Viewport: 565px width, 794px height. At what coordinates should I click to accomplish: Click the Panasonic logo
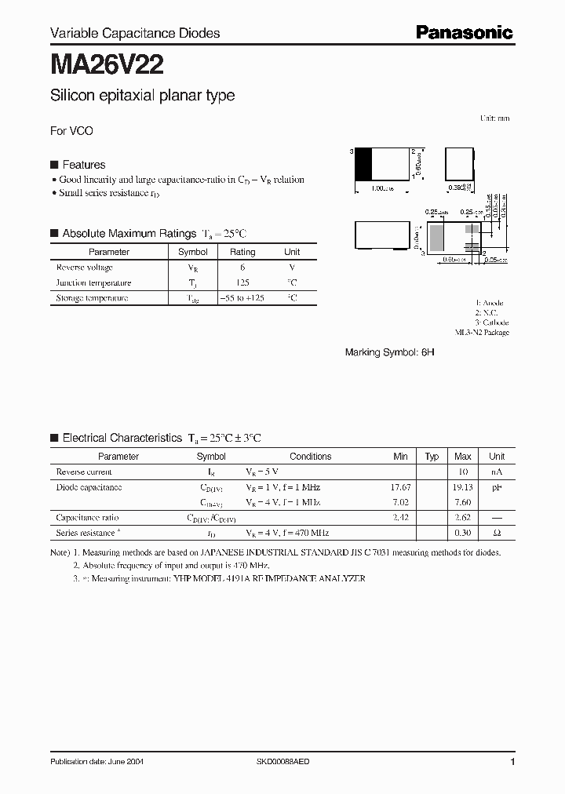(x=464, y=32)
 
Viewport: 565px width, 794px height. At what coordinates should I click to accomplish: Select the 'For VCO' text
(x=71, y=131)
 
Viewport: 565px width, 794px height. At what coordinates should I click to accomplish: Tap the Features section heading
(x=83, y=165)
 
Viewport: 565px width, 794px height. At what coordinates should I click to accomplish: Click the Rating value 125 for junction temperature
(x=242, y=282)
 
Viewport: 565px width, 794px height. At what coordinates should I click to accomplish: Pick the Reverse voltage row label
(x=84, y=268)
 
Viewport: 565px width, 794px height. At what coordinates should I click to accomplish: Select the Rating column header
(x=242, y=252)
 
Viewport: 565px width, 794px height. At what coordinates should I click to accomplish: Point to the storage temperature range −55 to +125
(x=242, y=298)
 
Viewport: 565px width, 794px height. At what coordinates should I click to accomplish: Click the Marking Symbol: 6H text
(x=389, y=353)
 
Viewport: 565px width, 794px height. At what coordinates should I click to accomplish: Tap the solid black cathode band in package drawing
(x=363, y=165)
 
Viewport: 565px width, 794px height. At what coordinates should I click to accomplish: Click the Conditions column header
(x=310, y=456)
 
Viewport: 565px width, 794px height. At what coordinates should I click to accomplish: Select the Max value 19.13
(x=462, y=487)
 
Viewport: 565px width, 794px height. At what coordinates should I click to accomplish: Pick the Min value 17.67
(x=400, y=487)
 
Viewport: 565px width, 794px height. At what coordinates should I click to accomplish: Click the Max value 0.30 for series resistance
(x=462, y=533)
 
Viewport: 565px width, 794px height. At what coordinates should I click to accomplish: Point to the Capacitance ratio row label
(x=87, y=518)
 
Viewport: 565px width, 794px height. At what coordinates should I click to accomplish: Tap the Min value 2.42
(x=400, y=518)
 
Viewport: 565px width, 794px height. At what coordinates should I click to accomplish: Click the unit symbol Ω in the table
(x=497, y=533)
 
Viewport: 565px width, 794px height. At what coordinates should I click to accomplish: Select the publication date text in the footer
(x=97, y=762)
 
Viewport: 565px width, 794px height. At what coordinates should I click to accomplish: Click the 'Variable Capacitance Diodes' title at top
(x=135, y=33)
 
